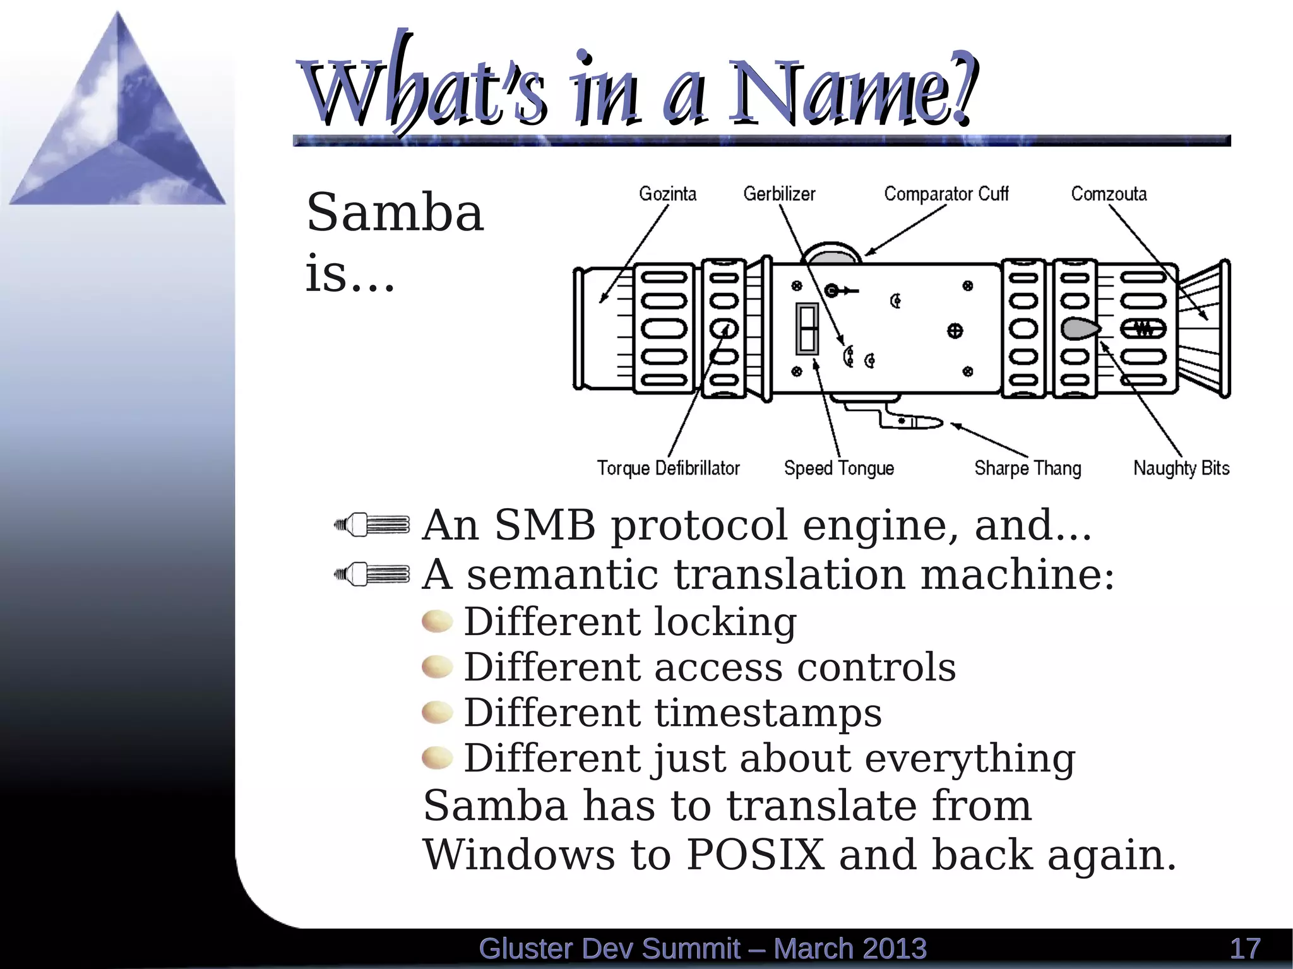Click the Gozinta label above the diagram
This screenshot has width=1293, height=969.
coord(667,194)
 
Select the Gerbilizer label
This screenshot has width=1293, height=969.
coord(779,194)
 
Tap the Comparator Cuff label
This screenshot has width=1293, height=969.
coord(946,194)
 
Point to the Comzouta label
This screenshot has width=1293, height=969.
coord(1109,194)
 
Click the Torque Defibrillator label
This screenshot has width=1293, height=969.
coord(668,468)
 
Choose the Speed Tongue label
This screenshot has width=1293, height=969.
coord(838,468)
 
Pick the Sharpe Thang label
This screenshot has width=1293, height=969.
coord(1027,468)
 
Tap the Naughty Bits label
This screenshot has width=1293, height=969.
coord(1181,468)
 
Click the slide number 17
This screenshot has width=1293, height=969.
coord(1245,949)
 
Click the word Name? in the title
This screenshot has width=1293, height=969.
coord(852,92)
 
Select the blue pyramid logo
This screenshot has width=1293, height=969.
coord(117,120)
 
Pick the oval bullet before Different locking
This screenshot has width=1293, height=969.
coord(438,622)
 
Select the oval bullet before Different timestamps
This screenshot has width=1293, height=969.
coord(438,713)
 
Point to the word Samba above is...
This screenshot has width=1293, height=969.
coord(395,213)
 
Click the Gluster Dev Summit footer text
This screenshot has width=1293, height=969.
coord(702,949)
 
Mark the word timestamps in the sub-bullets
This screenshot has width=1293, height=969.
coord(768,713)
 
